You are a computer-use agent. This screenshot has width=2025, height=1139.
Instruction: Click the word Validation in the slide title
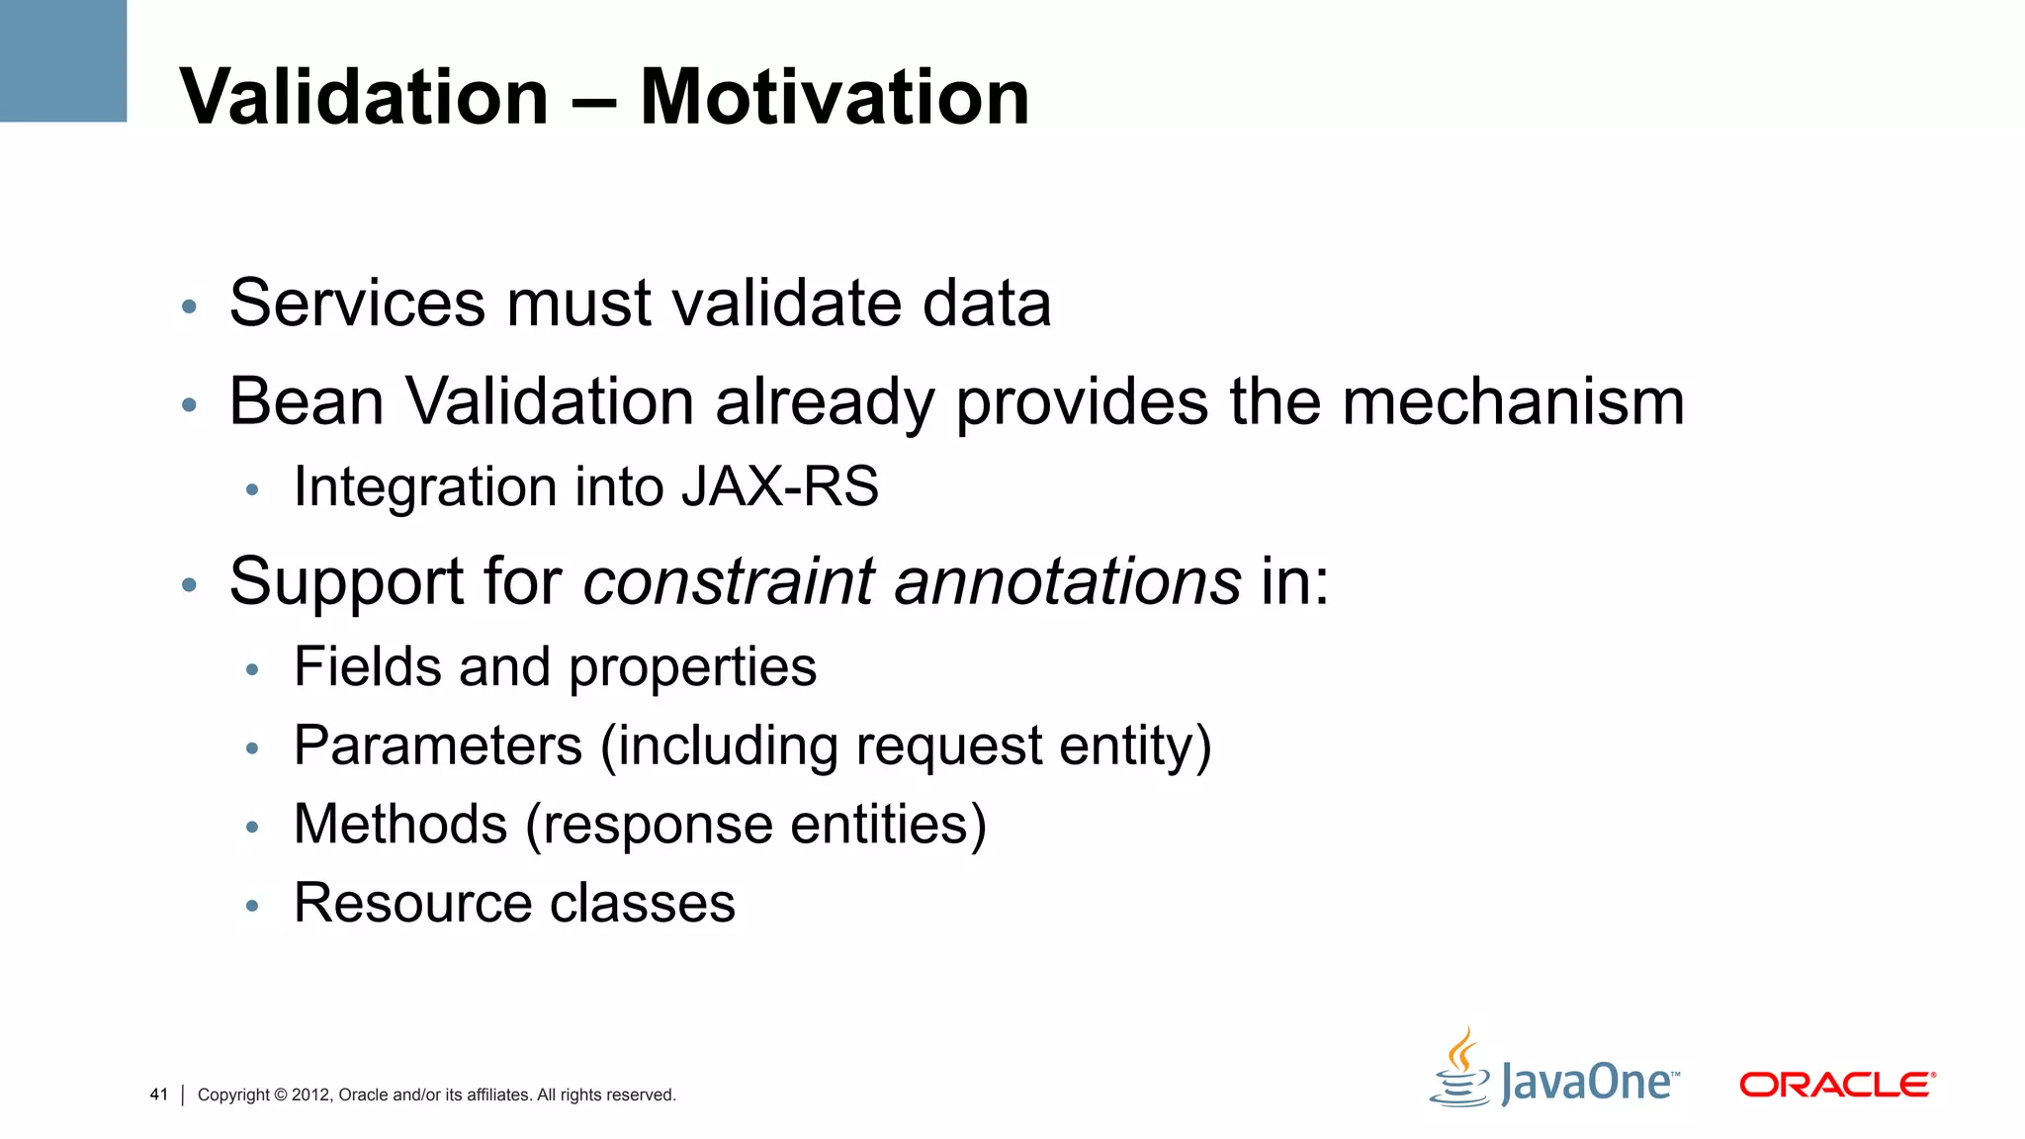(364, 97)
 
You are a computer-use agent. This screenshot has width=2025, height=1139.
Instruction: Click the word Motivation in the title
(835, 97)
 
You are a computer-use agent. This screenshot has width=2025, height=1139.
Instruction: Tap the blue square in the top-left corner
(63, 60)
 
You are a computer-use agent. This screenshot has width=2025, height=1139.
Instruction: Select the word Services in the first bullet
(357, 303)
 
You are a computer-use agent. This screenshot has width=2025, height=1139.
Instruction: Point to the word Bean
(307, 402)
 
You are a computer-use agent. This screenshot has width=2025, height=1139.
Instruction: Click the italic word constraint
(729, 581)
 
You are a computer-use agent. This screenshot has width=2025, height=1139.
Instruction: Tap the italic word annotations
(1068, 581)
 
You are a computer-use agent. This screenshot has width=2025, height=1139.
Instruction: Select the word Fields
(367, 666)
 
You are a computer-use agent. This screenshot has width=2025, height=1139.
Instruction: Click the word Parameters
(438, 745)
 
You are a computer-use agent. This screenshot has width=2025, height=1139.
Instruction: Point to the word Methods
(400, 824)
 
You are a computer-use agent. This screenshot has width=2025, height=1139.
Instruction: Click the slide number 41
(159, 1095)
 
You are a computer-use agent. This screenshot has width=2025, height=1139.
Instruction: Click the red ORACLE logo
(1837, 1085)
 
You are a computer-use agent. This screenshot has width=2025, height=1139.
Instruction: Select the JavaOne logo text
(1588, 1082)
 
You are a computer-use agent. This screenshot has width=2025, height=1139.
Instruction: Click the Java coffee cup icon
(1459, 1070)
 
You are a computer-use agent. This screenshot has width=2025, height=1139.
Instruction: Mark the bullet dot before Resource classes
(252, 905)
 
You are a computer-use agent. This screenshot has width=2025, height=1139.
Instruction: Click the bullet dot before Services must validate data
(190, 307)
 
